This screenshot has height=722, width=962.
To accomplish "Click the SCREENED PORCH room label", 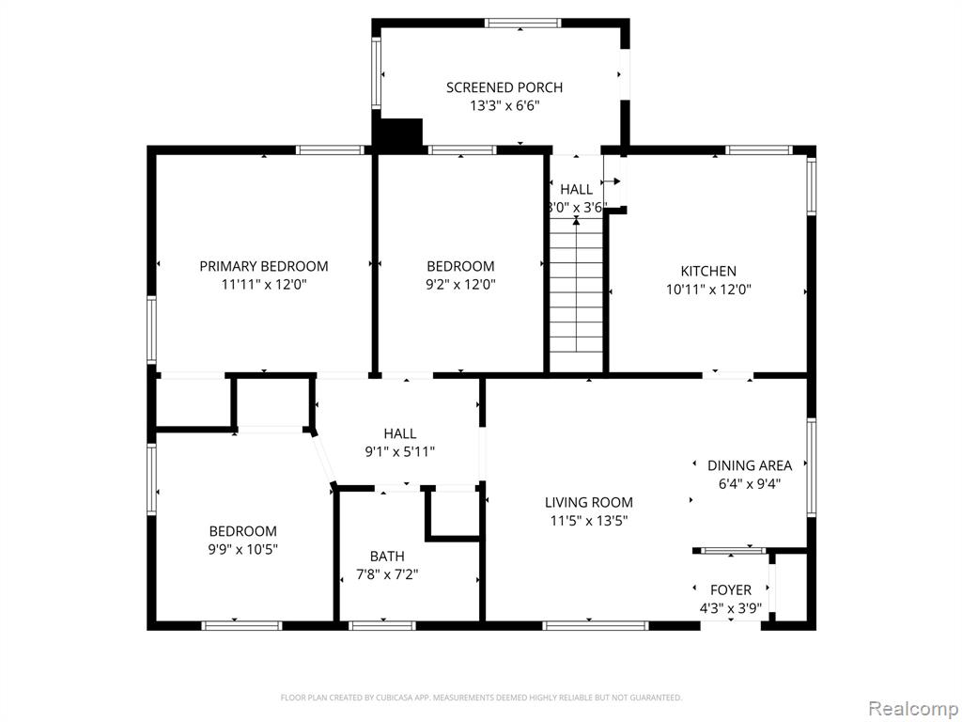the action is click(504, 87).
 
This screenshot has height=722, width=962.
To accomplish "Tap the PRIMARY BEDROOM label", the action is click(264, 266).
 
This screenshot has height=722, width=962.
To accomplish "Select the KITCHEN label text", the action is click(708, 271).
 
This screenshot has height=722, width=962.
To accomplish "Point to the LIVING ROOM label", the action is click(589, 502).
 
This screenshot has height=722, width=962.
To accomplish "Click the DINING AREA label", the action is click(750, 465).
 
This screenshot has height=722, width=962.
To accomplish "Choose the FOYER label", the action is click(731, 590).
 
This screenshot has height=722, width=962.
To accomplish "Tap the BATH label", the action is click(387, 557).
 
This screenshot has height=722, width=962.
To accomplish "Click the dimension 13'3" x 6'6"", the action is click(504, 105).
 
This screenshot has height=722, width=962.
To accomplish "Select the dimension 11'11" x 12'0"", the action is click(264, 284).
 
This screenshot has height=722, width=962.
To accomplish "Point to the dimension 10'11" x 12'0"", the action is click(708, 290).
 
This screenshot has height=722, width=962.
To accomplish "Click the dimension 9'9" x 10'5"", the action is click(243, 549).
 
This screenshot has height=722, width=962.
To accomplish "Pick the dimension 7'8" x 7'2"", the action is click(387, 574).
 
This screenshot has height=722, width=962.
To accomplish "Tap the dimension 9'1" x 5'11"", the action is click(400, 452).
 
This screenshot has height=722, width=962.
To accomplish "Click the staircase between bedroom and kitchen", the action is click(576, 293).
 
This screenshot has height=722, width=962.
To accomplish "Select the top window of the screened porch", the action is click(522, 24).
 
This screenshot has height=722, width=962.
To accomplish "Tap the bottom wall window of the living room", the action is click(595, 625).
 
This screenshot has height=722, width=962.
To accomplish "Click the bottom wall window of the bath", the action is click(382, 625).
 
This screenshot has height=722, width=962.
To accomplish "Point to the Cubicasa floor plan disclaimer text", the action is click(481, 698).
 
